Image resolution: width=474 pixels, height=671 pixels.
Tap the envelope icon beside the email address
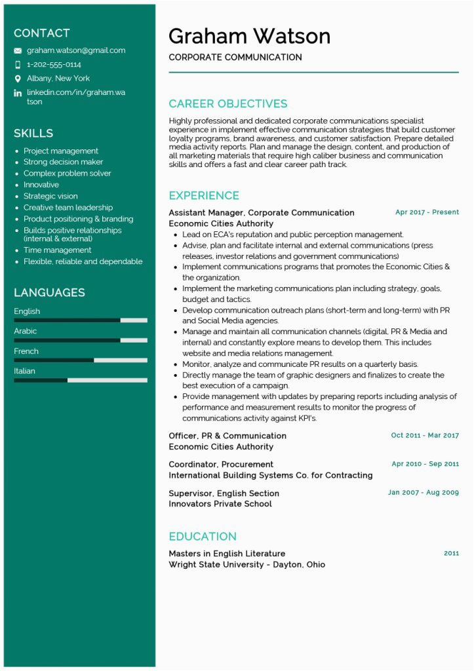[18, 50]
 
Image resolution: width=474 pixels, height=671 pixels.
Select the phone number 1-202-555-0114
[54, 64]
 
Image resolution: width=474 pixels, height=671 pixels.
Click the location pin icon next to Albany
[18, 79]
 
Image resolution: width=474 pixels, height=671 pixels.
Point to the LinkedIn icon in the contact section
[18, 93]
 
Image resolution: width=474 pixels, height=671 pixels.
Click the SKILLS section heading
[33, 133]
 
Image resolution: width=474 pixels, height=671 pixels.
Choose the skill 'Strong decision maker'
[63, 162]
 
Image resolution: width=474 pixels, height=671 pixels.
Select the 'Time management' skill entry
[57, 250]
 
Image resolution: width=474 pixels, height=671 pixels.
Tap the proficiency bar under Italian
[80, 380]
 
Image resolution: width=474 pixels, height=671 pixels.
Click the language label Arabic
[26, 331]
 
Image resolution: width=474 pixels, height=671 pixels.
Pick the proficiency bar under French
[80, 360]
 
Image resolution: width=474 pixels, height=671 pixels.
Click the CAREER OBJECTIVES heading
[227, 104]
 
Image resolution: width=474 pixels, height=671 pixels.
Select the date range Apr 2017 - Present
[427, 212]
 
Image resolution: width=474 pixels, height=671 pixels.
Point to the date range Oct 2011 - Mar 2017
[425, 435]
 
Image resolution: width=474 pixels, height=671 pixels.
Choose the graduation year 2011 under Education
[451, 553]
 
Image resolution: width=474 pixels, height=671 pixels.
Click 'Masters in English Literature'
[227, 554]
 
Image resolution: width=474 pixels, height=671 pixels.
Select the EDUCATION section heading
[203, 536]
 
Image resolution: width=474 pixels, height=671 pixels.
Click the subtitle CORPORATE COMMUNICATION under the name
[235, 58]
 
